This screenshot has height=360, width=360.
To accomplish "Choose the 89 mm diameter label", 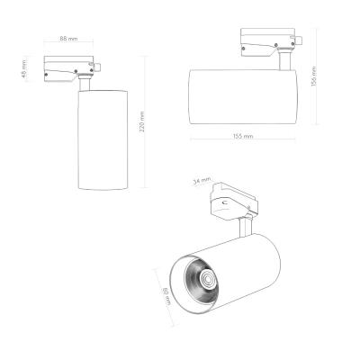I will (166, 291).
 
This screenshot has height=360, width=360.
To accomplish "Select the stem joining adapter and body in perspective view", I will (244, 229).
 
